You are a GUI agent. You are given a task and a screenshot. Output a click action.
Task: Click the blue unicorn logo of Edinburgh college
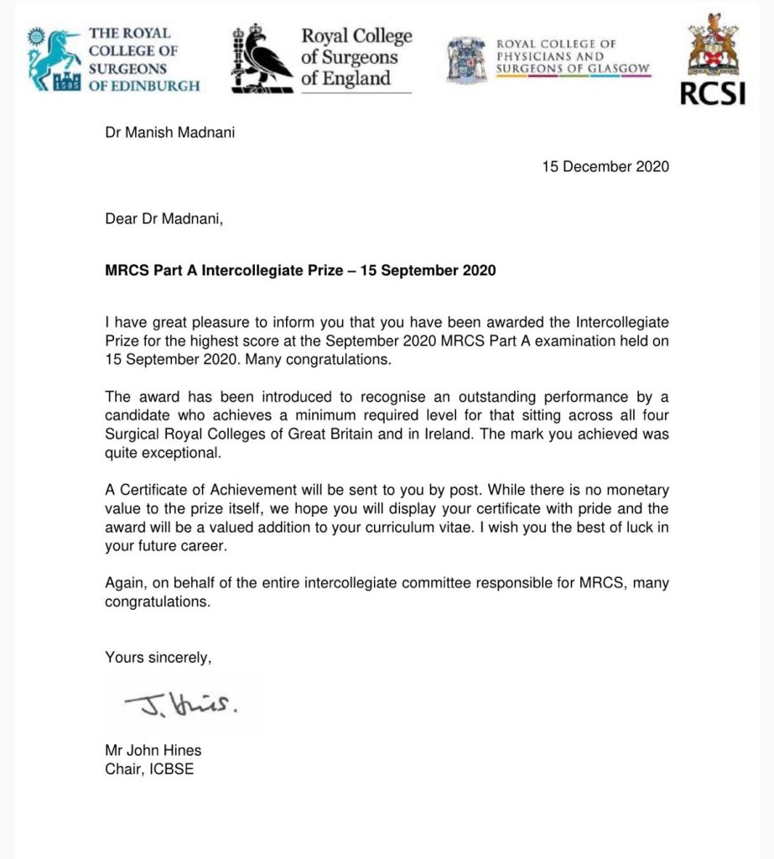(52, 59)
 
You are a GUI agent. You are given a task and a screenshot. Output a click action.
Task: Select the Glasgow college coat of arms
(467, 60)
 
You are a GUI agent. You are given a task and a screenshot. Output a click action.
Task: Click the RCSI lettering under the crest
(712, 93)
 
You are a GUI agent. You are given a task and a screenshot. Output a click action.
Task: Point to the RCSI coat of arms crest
(712, 45)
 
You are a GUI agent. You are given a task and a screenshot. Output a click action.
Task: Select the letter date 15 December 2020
(605, 166)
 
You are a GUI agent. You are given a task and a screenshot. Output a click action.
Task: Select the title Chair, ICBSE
(149, 768)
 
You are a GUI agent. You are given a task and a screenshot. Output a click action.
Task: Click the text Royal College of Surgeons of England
(356, 57)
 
